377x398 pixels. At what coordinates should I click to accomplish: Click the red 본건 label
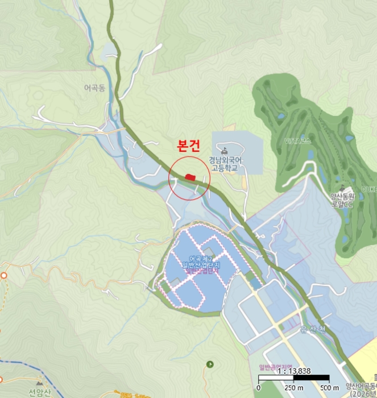pyautogui.click(x=189, y=147)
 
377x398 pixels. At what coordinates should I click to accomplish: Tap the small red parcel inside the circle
pyautogui.click(x=190, y=178)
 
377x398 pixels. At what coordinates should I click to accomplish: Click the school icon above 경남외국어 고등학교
pyautogui.click(x=225, y=151)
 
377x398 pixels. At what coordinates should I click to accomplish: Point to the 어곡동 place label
pyautogui.click(x=94, y=88)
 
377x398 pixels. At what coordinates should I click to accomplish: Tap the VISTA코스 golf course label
pyautogui.click(x=299, y=140)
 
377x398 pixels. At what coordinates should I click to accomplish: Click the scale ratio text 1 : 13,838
pyautogui.click(x=295, y=370)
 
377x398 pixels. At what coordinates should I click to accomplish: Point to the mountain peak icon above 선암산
pyautogui.click(x=40, y=384)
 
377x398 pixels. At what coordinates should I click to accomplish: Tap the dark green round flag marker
pyautogui.click(x=210, y=363)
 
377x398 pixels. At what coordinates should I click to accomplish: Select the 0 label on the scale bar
pyautogui.click(x=258, y=387)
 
